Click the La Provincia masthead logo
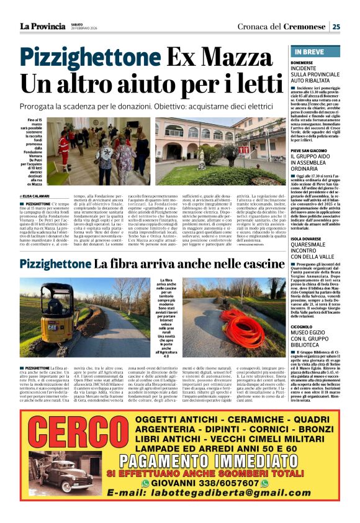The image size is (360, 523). pyautogui.click(x=42, y=26)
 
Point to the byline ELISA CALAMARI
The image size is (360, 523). pyautogui.click(x=38, y=195)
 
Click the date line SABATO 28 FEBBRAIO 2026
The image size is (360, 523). pyautogui.click(x=86, y=26)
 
